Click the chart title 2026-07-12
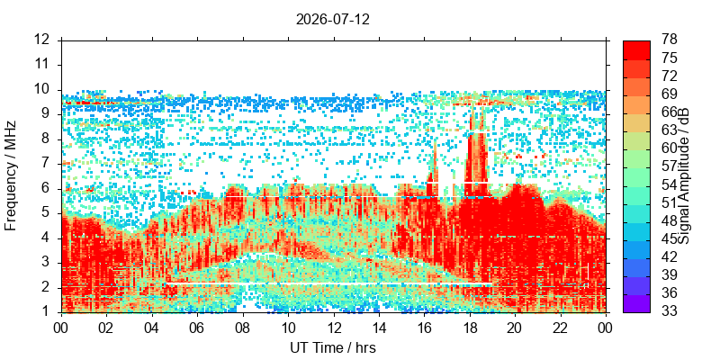[332, 19]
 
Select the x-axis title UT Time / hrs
[333, 347]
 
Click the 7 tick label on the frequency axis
[50, 164]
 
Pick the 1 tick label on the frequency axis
[50, 312]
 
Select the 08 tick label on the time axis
[243, 328]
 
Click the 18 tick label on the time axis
[470, 328]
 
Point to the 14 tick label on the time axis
[379, 328]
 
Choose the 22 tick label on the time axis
[561, 328]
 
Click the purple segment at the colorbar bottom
[636, 303]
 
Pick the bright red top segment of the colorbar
[636, 50]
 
